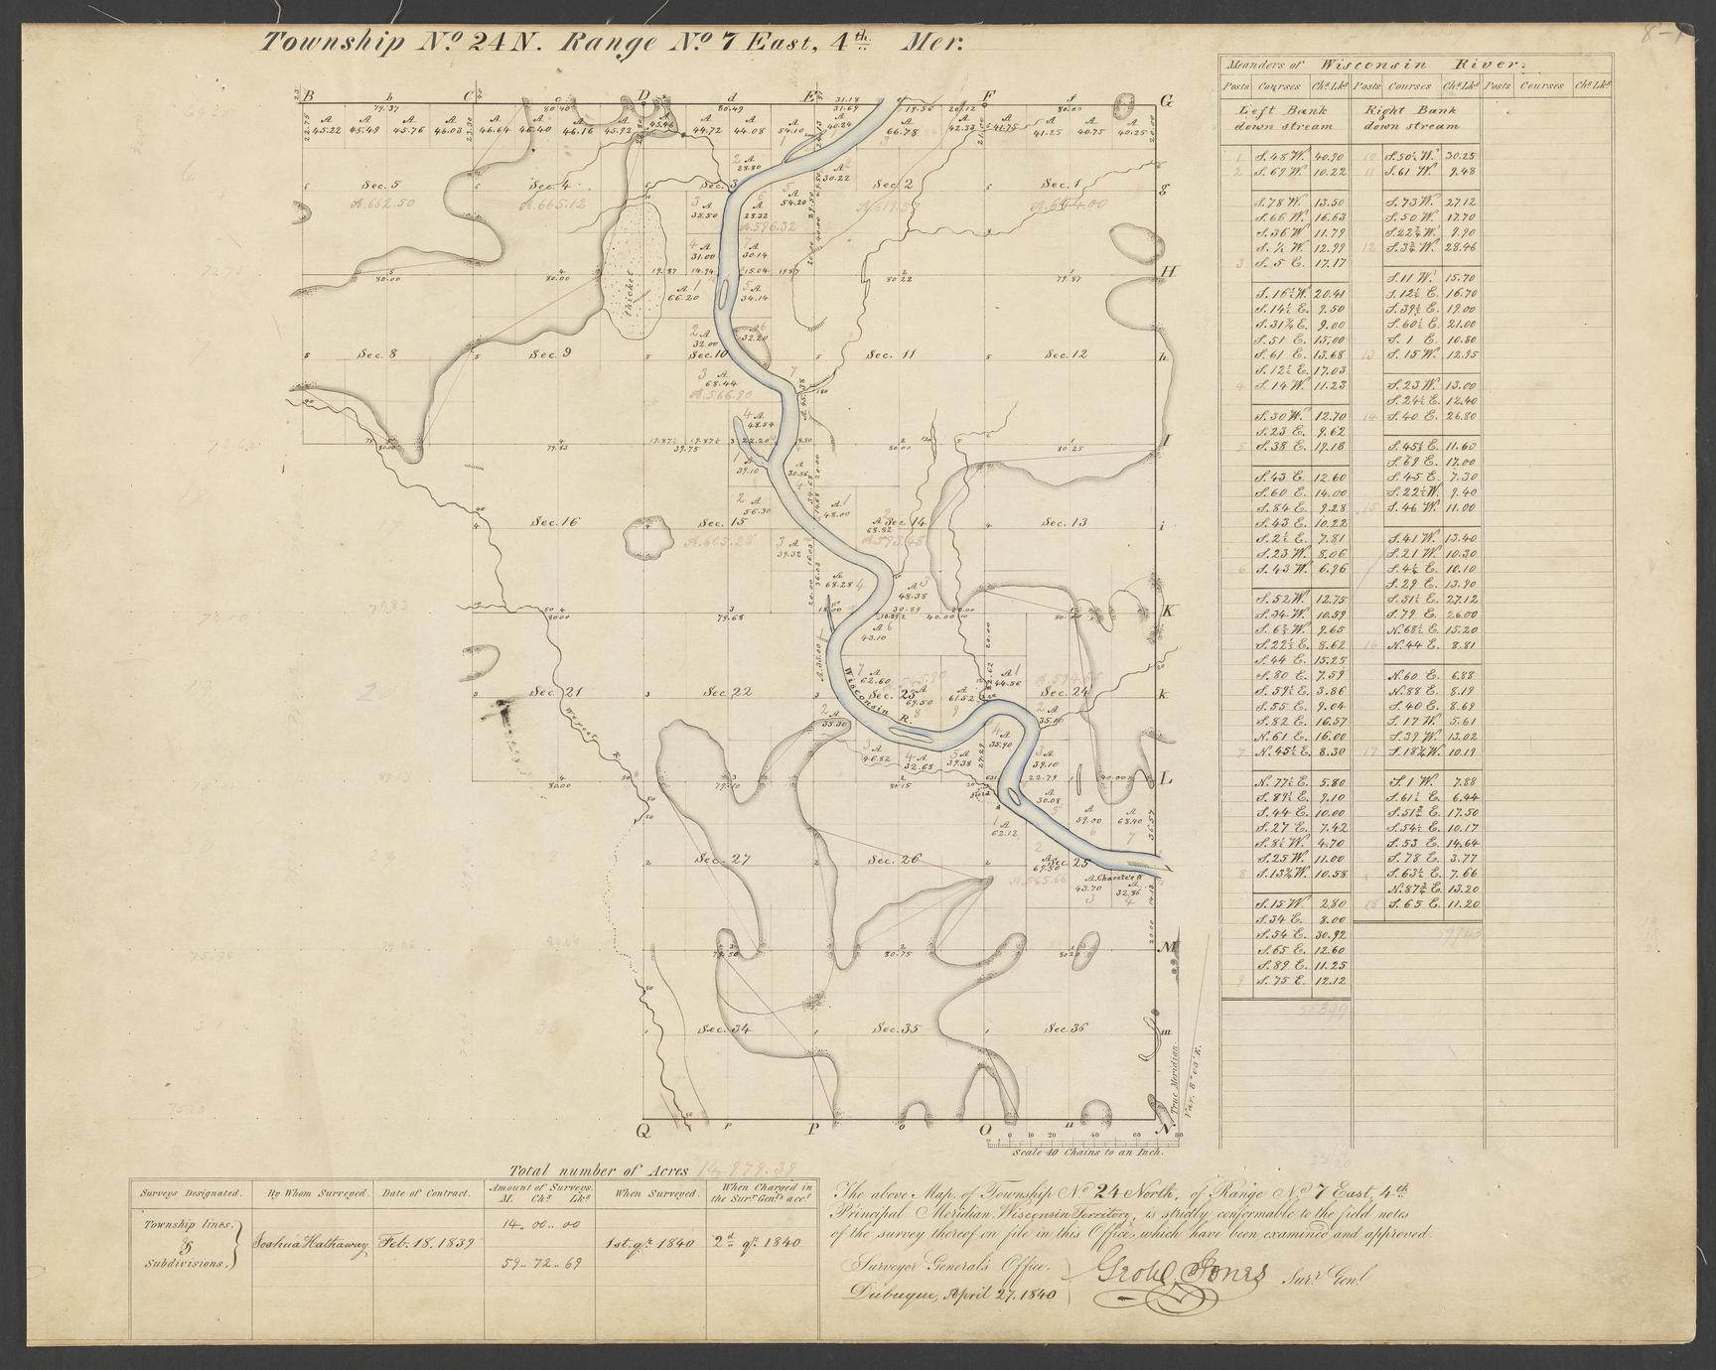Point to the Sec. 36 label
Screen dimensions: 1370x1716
pyautogui.click(x=1066, y=1028)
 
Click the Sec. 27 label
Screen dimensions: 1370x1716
pyautogui.click(x=722, y=859)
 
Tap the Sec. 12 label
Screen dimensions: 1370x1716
pyautogui.click(x=1066, y=354)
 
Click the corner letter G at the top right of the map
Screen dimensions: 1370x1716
pyautogui.click(x=1167, y=99)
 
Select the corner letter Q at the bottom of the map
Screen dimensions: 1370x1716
pyautogui.click(x=643, y=1130)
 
